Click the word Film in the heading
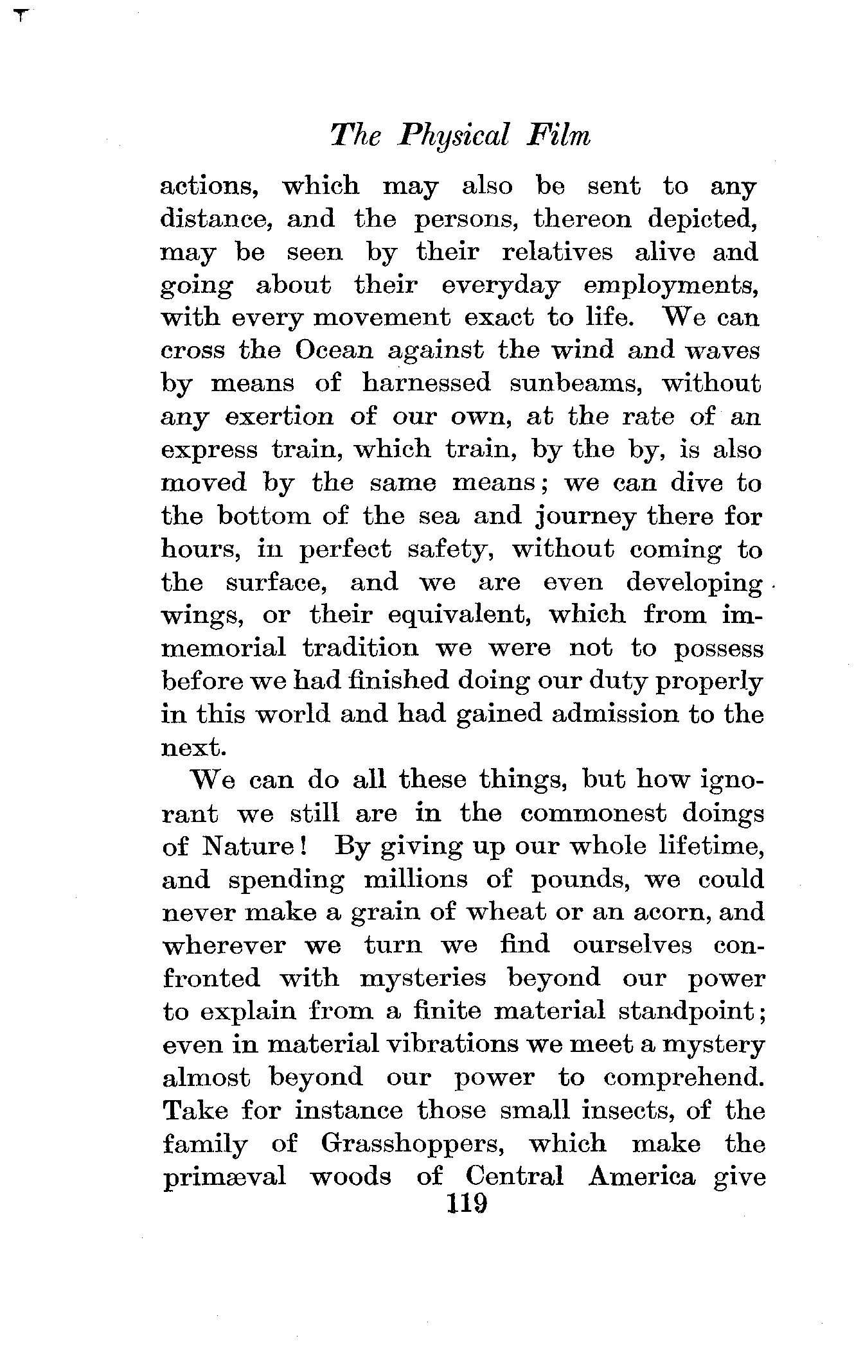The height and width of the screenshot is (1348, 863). tap(558, 136)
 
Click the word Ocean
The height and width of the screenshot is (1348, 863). tap(334, 351)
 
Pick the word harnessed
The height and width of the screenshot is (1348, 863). tap(427, 383)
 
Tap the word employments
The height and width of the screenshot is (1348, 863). tap(672, 286)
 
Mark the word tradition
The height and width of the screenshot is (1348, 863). tap(360, 648)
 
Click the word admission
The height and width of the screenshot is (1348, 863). tap(616, 714)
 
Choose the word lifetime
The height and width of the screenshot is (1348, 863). tap(712, 846)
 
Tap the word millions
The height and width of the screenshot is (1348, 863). tap(416, 879)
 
